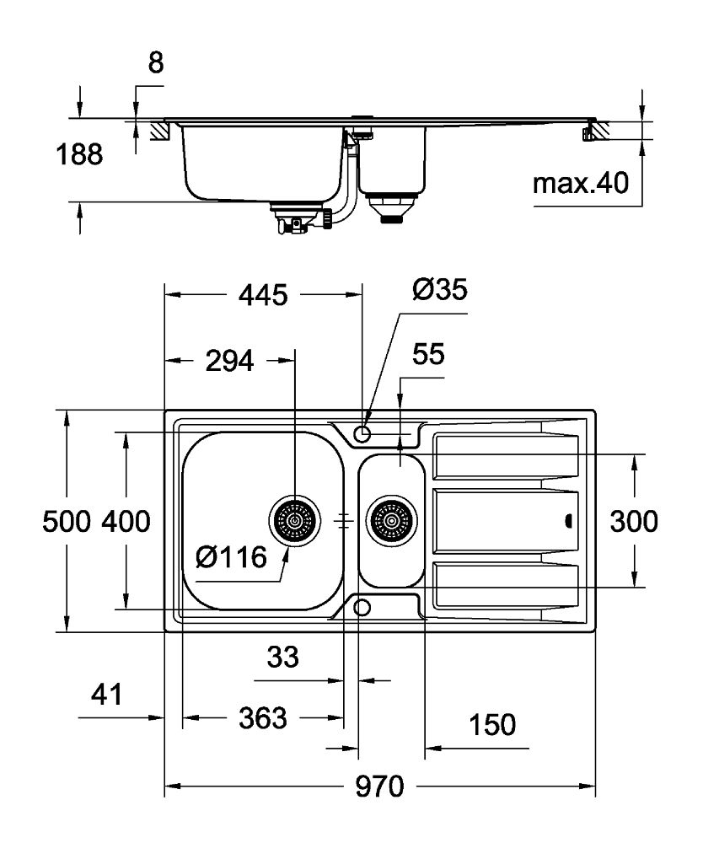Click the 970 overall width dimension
379,787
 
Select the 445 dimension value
264,295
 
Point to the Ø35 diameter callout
439,291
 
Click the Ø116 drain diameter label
230,557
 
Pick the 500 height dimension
66,522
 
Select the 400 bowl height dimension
126,522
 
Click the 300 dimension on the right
634,522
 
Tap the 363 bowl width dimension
263,718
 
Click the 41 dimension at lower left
105,695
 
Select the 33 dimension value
282,657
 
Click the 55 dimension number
428,355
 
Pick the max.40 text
581,183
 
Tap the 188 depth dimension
79,155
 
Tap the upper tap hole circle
362,433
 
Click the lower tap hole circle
362,608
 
